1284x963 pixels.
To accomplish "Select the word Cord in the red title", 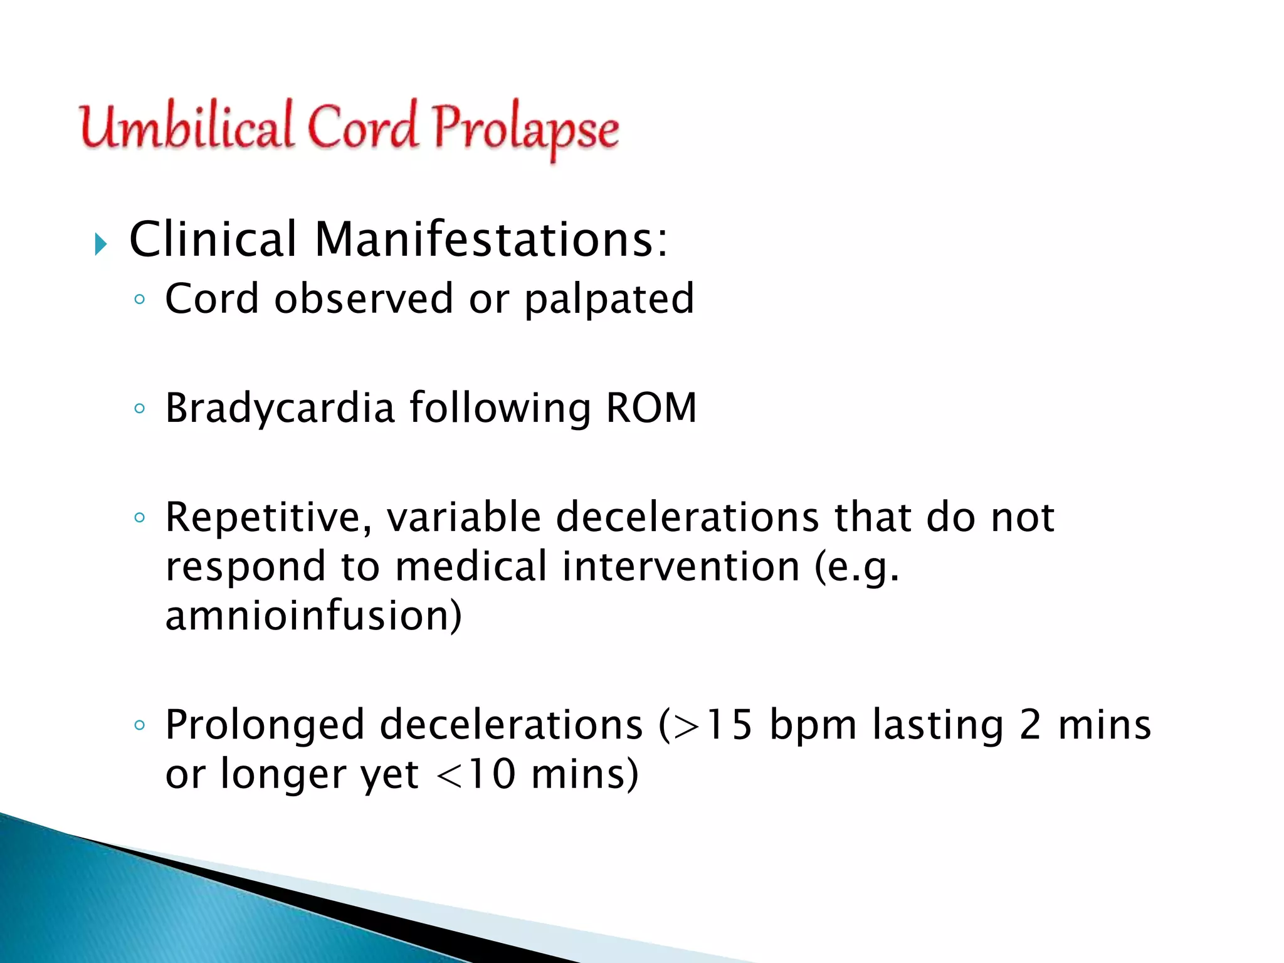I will (362, 127).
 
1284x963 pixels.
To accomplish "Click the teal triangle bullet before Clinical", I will (101, 243).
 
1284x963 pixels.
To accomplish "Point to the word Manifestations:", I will (491, 239).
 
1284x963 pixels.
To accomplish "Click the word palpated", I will (609, 298).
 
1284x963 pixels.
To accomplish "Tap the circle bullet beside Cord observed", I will (140, 300).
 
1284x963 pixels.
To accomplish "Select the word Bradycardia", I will (280, 408).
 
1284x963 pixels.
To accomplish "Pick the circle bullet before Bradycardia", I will (140, 409).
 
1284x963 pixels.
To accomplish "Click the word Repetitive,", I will (268, 518).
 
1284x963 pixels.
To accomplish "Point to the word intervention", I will (680, 566).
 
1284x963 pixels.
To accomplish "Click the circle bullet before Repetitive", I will (140, 518).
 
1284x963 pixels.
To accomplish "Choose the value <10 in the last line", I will (476, 774).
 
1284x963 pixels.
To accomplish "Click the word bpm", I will (813, 726).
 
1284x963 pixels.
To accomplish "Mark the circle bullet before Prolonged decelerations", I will (140, 726).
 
